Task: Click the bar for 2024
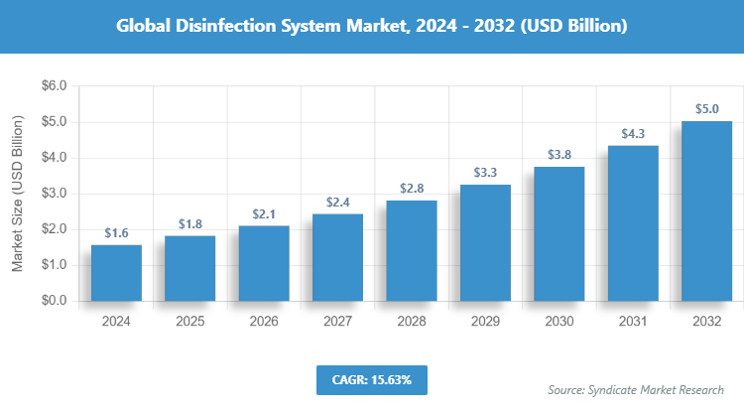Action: pyautogui.click(x=116, y=273)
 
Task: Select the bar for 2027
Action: pyautogui.click(x=337, y=257)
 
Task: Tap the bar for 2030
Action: pyautogui.click(x=558, y=233)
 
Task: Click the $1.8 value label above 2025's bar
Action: pyautogui.click(x=189, y=223)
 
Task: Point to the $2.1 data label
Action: pyautogui.click(x=264, y=213)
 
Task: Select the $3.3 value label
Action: pyautogui.click(x=485, y=172)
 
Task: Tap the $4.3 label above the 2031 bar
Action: pyautogui.click(x=633, y=133)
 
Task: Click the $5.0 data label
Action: pyautogui.click(x=706, y=108)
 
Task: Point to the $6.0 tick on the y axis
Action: pyautogui.click(x=53, y=86)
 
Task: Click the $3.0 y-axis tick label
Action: pyautogui.click(x=53, y=194)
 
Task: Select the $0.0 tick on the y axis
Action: pyautogui.click(x=53, y=301)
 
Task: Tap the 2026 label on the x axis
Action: pyautogui.click(x=264, y=322)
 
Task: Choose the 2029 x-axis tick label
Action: pyautogui.click(x=485, y=322)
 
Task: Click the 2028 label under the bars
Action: pyautogui.click(x=412, y=322)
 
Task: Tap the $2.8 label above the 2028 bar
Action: pyautogui.click(x=412, y=189)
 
